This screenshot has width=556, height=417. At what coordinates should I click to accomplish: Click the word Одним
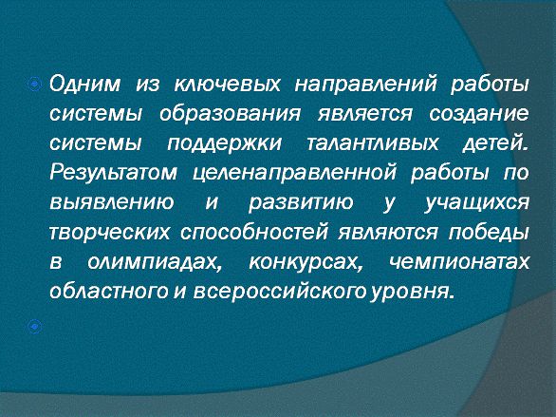[84, 85]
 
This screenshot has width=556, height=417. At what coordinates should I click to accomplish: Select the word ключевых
[228, 85]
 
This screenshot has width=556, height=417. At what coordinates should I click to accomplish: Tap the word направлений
[365, 85]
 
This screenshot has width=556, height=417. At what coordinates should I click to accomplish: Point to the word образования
[230, 114]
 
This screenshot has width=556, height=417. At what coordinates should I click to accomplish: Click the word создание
[479, 114]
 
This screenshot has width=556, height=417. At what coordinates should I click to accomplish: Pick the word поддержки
[225, 144]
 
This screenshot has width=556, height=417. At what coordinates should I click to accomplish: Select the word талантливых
[372, 143]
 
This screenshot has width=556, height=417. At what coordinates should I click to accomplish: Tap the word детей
[495, 144]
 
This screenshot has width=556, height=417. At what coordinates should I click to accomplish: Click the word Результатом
[113, 174]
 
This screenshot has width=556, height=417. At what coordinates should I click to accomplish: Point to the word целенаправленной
[295, 174]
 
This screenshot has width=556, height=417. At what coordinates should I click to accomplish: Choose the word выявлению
[112, 202]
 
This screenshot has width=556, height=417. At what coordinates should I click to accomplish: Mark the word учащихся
[477, 203]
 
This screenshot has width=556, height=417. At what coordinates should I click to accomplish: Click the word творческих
[110, 233]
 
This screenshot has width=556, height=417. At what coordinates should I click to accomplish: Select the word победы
[489, 232]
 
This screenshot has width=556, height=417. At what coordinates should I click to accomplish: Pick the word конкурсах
[306, 263]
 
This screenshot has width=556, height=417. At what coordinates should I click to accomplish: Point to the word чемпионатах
[459, 262]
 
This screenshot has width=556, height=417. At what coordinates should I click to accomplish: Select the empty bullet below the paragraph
[34, 327]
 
